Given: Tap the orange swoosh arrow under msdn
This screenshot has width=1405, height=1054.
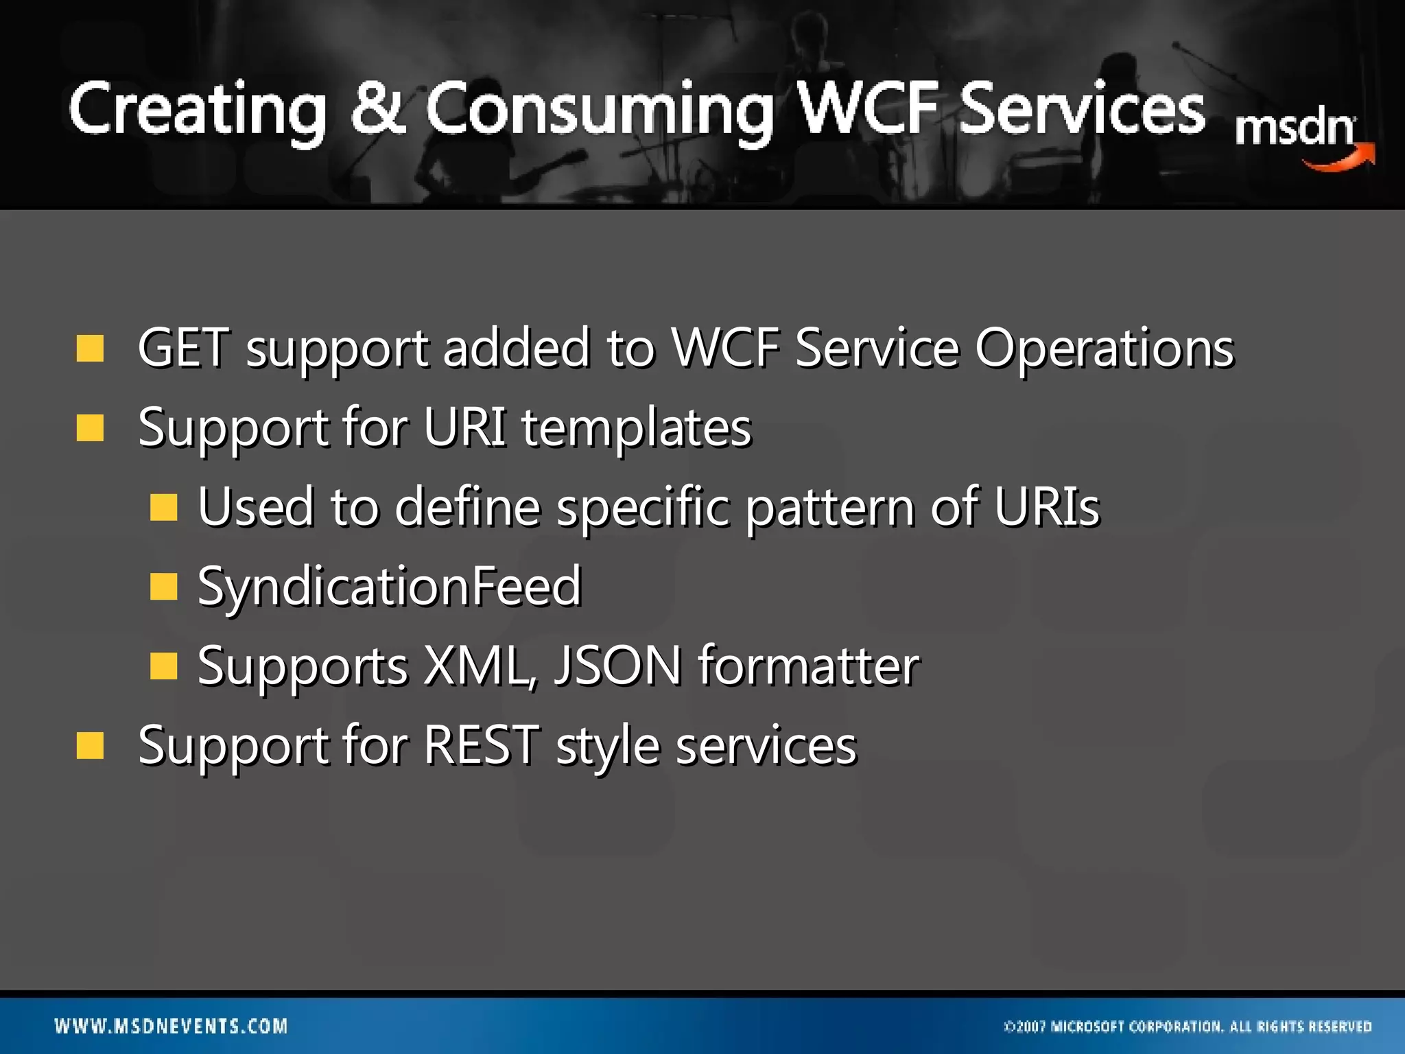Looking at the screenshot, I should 1338,159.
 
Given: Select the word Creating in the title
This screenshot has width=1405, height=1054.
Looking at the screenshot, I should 197,110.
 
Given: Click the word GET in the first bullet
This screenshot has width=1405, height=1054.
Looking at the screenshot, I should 182,348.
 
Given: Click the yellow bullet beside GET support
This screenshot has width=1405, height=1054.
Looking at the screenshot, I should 90,348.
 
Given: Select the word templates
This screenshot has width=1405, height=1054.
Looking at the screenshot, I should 636,428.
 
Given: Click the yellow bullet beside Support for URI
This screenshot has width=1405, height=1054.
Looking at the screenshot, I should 90,428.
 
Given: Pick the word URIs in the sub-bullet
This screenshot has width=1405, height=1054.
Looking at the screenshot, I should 1046,506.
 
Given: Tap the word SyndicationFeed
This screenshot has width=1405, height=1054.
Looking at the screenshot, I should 390,587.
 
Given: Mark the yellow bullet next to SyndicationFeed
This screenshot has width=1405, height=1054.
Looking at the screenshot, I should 163,587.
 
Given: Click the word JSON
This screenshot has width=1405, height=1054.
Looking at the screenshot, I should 618,665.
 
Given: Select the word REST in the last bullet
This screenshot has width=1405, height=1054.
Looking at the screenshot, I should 481,745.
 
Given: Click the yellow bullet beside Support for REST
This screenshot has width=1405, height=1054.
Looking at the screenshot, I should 90,745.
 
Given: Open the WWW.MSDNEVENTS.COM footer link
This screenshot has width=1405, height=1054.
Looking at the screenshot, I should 172,1026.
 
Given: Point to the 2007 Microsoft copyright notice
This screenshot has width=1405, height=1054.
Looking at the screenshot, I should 1188,1027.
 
